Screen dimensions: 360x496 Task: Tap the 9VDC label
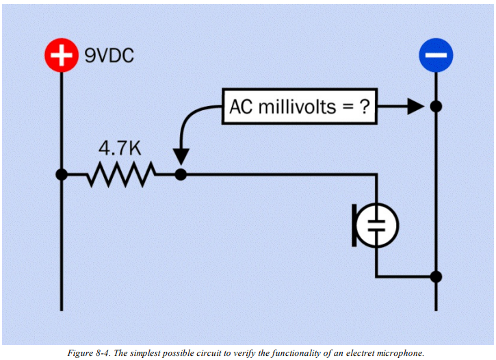[109, 55]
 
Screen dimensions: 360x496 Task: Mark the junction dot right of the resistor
[181, 175]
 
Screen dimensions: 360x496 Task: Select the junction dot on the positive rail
[62, 175]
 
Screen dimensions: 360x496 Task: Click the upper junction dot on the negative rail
[436, 107]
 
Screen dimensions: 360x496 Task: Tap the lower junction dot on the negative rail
[436, 277]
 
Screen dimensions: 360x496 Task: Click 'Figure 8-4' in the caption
[88, 353]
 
